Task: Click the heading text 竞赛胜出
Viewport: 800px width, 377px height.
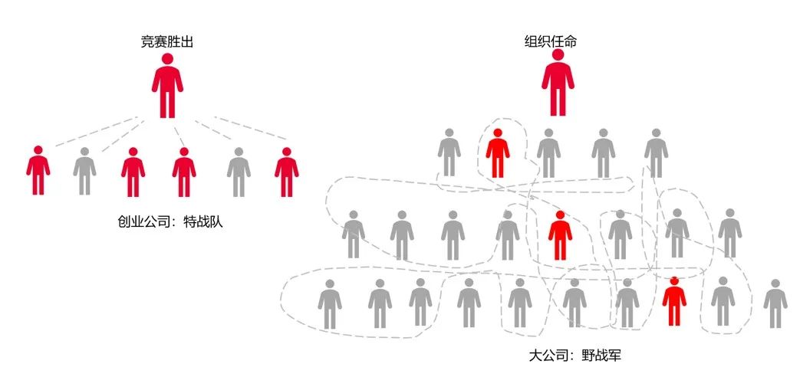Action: click(x=166, y=42)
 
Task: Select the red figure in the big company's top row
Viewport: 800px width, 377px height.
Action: click(x=498, y=153)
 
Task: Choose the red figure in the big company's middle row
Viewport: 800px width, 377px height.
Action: click(x=560, y=235)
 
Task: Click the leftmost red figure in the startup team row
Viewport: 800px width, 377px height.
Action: click(x=38, y=171)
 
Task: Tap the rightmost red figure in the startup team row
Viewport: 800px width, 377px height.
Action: click(x=286, y=171)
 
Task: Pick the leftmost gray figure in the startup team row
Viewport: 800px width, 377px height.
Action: click(x=84, y=171)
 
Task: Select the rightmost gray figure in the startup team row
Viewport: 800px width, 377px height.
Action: click(x=239, y=171)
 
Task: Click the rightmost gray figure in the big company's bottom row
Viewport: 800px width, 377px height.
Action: click(x=775, y=304)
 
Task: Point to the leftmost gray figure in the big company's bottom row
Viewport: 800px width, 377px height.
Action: click(x=330, y=304)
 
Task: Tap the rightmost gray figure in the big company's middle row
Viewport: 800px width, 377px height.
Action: click(x=729, y=233)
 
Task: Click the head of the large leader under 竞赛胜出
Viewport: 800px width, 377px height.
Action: click(x=167, y=59)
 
